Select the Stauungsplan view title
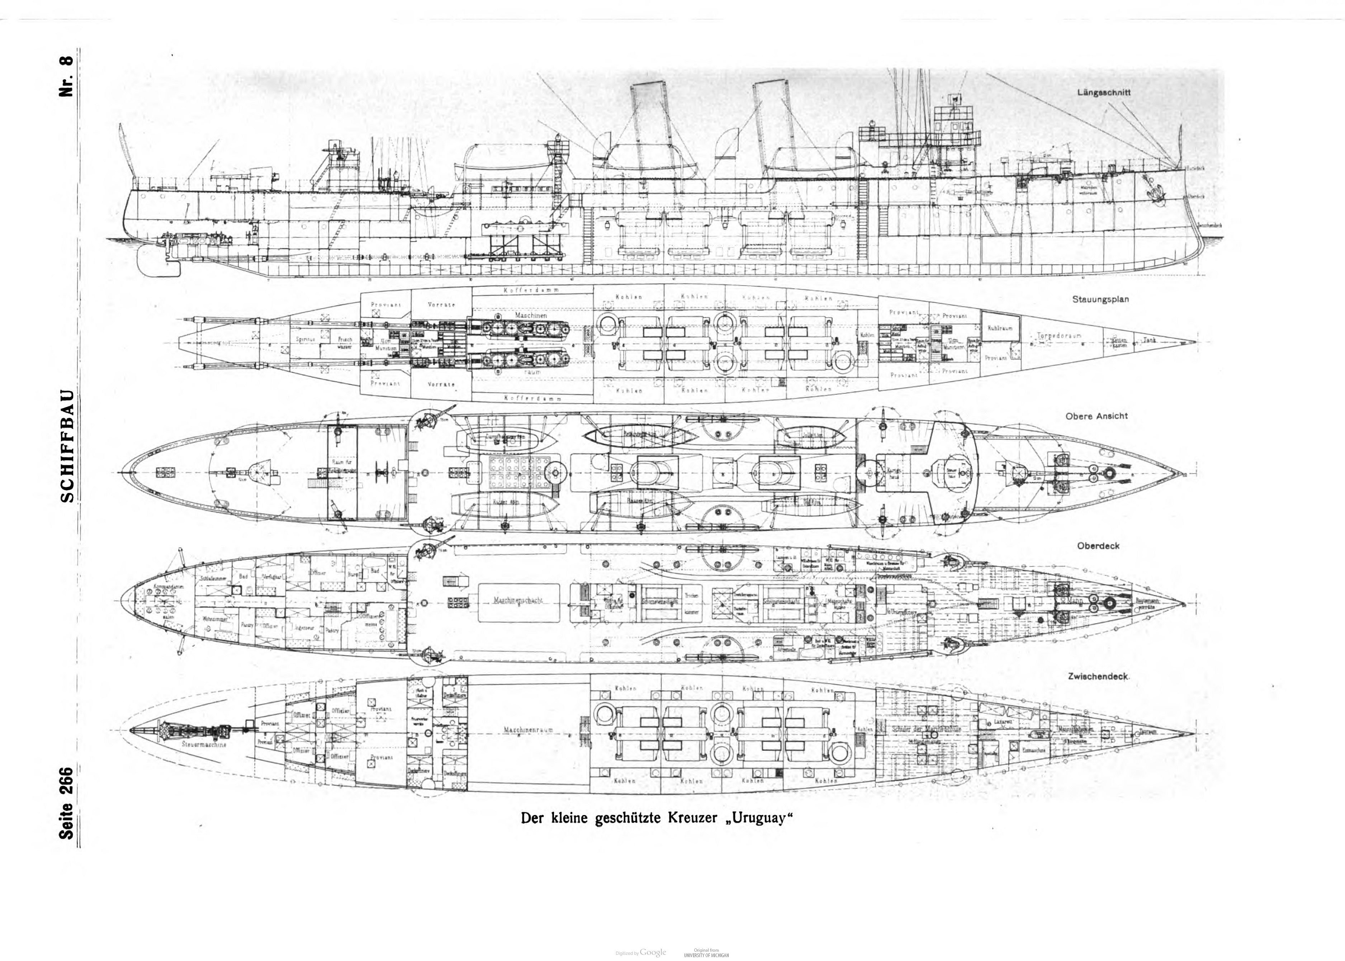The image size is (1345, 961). point(1100,299)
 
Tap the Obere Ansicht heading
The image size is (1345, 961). point(1097,416)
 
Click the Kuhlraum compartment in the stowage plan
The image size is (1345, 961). point(1000,328)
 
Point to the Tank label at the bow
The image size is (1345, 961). point(1149,340)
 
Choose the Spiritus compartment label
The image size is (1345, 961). point(307,340)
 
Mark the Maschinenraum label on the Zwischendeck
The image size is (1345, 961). point(528,730)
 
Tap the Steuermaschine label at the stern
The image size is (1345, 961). point(205,745)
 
